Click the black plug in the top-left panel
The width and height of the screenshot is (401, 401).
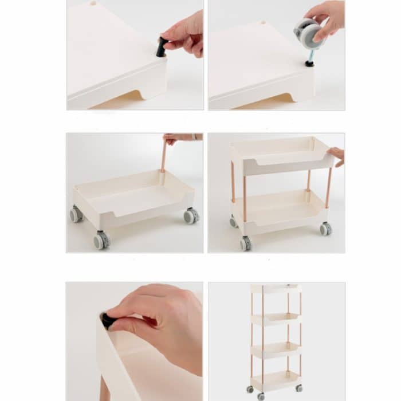162,47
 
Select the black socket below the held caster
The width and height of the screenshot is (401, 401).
309,62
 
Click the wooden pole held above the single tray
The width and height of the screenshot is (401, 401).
163,156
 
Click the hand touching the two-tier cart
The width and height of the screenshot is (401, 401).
337,155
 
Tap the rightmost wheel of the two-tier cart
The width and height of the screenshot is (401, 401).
325,229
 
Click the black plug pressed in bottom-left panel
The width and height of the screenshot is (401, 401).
107,321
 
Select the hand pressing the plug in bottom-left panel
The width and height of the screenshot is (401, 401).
160,321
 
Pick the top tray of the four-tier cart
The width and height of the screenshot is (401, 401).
276,289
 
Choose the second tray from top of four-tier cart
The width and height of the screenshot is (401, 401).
276,319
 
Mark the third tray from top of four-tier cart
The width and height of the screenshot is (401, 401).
276,349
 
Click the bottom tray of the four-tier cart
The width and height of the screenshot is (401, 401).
276,380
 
